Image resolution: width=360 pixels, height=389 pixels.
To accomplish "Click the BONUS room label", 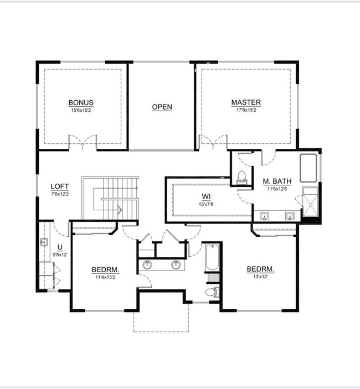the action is pos(81,102).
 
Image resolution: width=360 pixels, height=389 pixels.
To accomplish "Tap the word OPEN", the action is pos(162,107).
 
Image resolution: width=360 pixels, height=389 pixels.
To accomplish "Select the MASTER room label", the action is pos(246,102).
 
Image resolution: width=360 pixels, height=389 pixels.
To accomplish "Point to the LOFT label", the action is pos(60,186).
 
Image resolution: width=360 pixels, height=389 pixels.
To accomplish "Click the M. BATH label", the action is pos(277,181).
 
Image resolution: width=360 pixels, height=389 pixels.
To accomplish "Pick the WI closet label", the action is pos(206,197).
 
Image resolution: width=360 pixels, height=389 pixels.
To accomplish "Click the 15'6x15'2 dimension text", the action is pos(81,111).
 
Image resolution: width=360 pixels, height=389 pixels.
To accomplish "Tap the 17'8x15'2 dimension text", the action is pos(246,110).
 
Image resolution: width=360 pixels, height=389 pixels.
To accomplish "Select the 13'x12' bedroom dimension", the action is pos(260,277).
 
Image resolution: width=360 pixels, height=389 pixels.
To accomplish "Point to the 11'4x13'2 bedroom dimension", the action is pos(105,277).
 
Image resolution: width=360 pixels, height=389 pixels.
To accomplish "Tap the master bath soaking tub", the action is pos(308,168).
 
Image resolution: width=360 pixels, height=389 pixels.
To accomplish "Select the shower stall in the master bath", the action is pos(310,202).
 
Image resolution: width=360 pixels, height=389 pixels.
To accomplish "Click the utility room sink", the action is pos(44,242).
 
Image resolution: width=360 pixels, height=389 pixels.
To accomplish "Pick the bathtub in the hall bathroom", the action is pos(212,257).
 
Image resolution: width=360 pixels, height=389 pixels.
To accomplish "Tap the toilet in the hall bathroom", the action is pos(213,292).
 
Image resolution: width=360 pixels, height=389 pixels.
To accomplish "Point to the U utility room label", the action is pos(60,247).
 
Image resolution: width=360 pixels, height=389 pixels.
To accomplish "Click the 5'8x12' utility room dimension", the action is pos(60,255).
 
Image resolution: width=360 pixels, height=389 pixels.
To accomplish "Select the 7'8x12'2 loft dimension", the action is pos(60,194).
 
